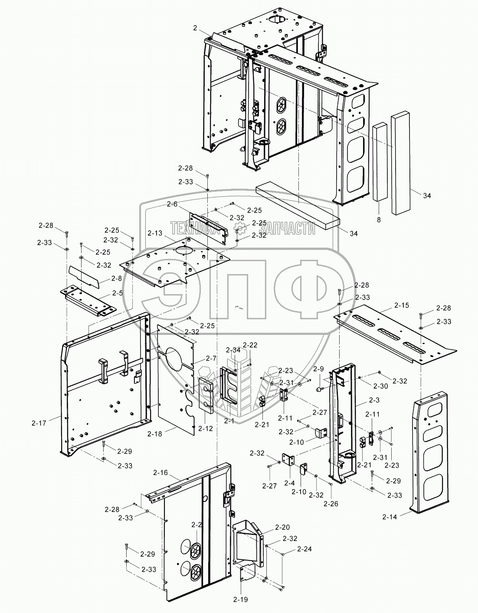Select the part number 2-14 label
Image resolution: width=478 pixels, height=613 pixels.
pos(390,516)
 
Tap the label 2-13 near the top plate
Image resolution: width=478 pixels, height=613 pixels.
pos(155,233)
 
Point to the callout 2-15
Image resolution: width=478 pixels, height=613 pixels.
pos(401,305)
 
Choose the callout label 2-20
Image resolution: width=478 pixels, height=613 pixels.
pos(282,528)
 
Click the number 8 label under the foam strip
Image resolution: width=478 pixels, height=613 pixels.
pos(379,220)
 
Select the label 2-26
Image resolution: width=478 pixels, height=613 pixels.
pos(331,504)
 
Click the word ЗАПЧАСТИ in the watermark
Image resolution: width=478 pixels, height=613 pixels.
pos(285,229)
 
